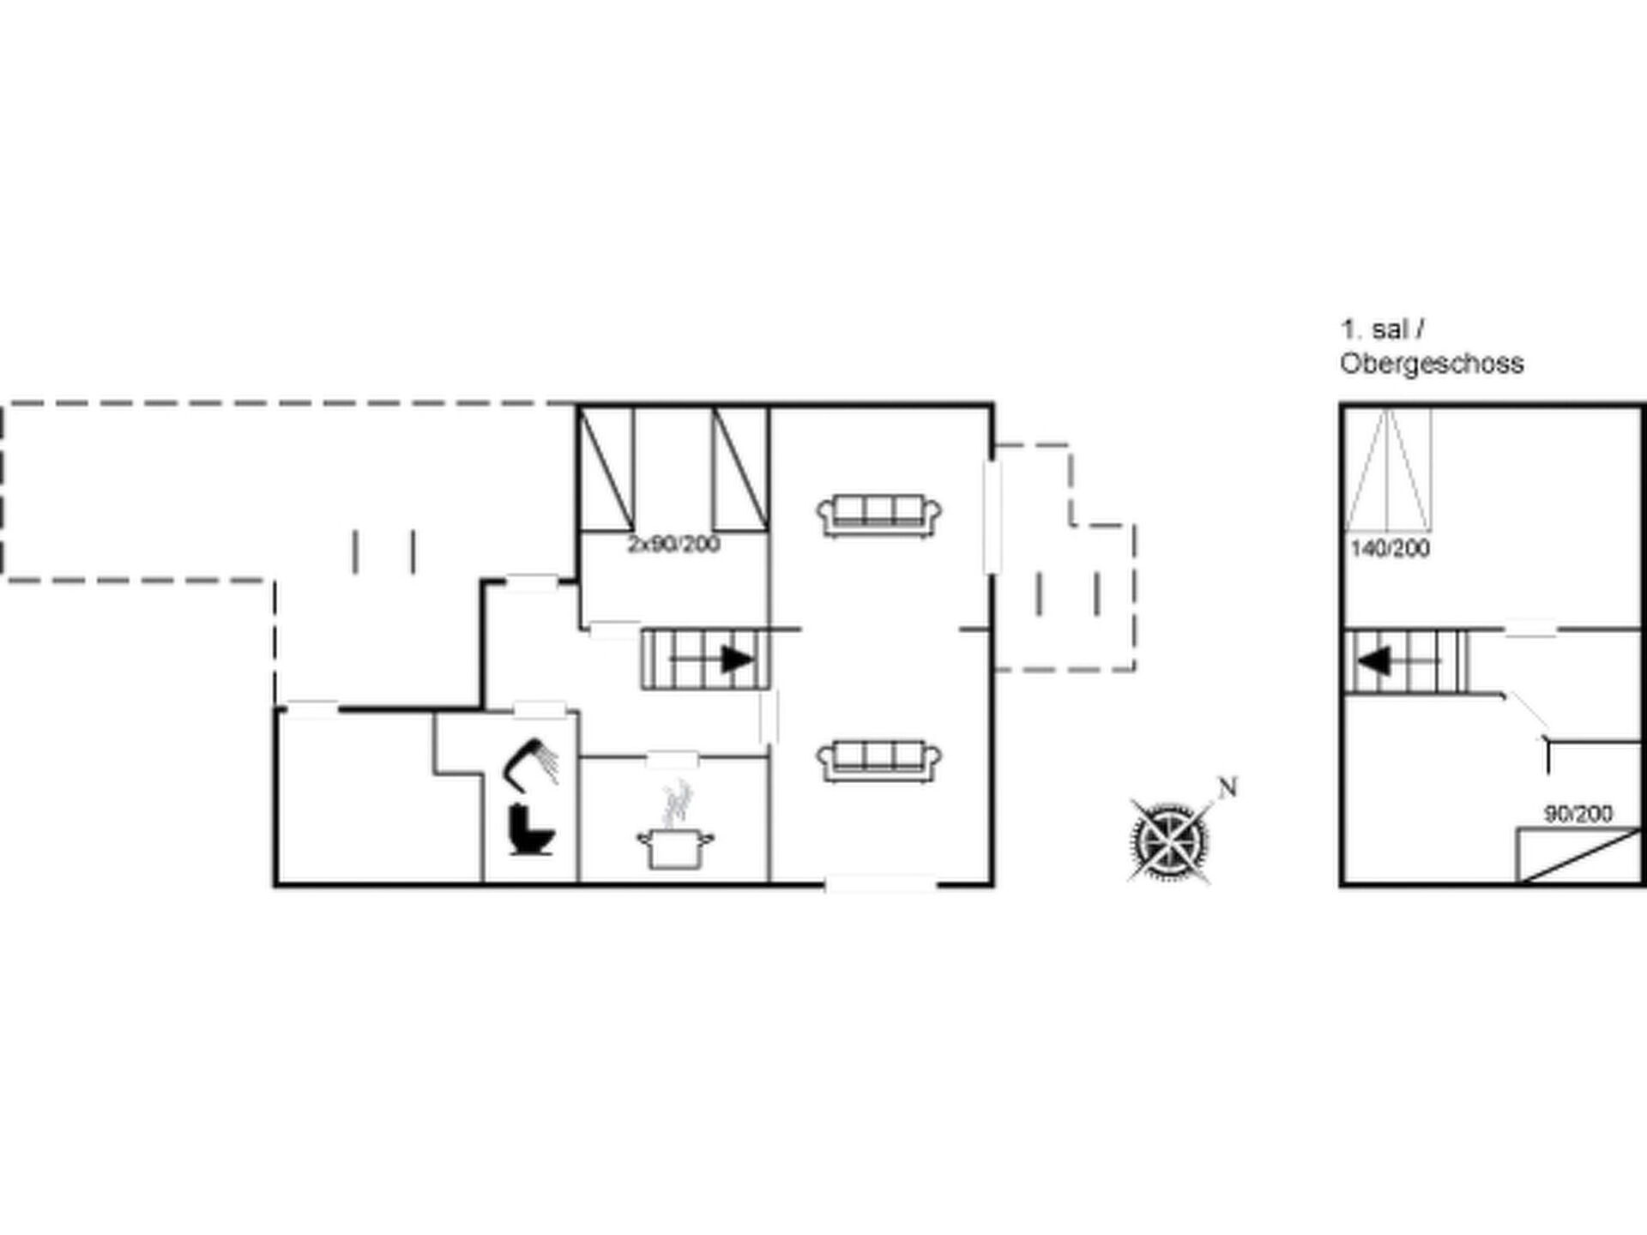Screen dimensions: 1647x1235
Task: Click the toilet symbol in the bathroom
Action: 531,830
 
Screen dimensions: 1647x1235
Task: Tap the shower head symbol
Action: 530,762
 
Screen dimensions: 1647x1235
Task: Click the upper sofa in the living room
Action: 879,516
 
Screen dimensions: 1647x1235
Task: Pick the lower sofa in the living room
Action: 879,761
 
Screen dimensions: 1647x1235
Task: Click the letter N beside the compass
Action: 1228,787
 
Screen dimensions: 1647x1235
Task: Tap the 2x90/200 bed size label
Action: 673,545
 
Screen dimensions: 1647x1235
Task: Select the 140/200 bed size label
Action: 1391,549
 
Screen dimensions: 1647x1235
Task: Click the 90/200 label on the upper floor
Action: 1578,813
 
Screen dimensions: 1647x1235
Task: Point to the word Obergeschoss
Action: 1432,364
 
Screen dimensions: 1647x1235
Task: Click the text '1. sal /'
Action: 1383,329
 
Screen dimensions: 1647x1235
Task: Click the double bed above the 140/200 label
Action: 1387,469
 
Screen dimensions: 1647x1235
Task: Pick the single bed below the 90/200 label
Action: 1578,855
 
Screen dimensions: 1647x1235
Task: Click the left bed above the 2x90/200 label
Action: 606,468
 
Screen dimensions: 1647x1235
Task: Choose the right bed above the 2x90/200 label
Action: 740,468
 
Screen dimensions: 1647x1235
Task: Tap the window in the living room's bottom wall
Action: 881,883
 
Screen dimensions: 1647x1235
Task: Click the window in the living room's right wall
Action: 992,517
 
